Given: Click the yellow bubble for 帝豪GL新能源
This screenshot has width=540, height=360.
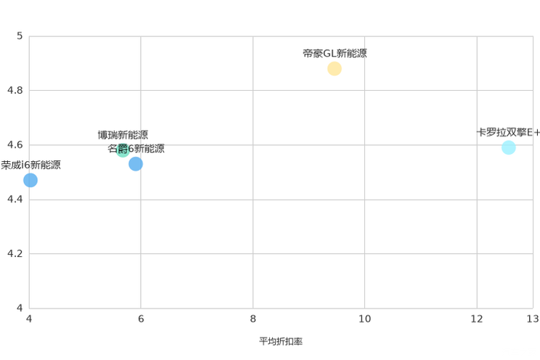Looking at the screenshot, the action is click(x=334, y=68).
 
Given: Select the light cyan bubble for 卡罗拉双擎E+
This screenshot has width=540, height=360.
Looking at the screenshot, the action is click(x=508, y=147).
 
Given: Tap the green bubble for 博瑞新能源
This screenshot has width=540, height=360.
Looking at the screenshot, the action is click(x=123, y=150).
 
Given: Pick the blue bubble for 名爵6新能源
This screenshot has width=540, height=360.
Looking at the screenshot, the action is click(x=136, y=163).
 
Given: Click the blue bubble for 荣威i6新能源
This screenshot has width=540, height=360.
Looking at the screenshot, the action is click(x=30, y=180).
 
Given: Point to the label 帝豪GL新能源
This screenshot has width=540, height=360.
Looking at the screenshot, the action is click(x=335, y=54).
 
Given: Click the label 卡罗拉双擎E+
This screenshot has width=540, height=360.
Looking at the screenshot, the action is click(x=508, y=132).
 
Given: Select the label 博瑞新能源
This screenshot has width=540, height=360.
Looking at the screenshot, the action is click(x=123, y=135).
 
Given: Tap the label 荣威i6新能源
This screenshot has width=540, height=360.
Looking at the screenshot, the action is click(x=30, y=165).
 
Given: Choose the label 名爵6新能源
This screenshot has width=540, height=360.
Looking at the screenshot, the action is click(x=136, y=149).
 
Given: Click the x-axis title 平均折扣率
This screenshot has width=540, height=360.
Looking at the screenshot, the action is click(x=281, y=341).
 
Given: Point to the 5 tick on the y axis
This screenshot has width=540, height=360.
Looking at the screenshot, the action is click(x=20, y=36).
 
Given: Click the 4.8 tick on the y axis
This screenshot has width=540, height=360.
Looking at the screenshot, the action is click(x=15, y=90).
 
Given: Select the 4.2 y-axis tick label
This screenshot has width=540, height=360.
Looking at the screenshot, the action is click(x=15, y=253).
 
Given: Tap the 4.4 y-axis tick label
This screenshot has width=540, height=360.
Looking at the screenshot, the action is click(x=15, y=199).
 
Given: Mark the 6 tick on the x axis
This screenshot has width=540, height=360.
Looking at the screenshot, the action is click(x=141, y=319).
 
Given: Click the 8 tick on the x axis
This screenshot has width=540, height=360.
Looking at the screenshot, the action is click(x=253, y=319).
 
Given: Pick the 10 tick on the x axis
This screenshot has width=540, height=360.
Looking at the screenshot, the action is click(x=364, y=319).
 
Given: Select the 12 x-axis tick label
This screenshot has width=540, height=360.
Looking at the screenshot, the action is click(x=477, y=319).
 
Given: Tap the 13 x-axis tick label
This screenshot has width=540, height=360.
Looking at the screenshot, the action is click(x=533, y=319).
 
